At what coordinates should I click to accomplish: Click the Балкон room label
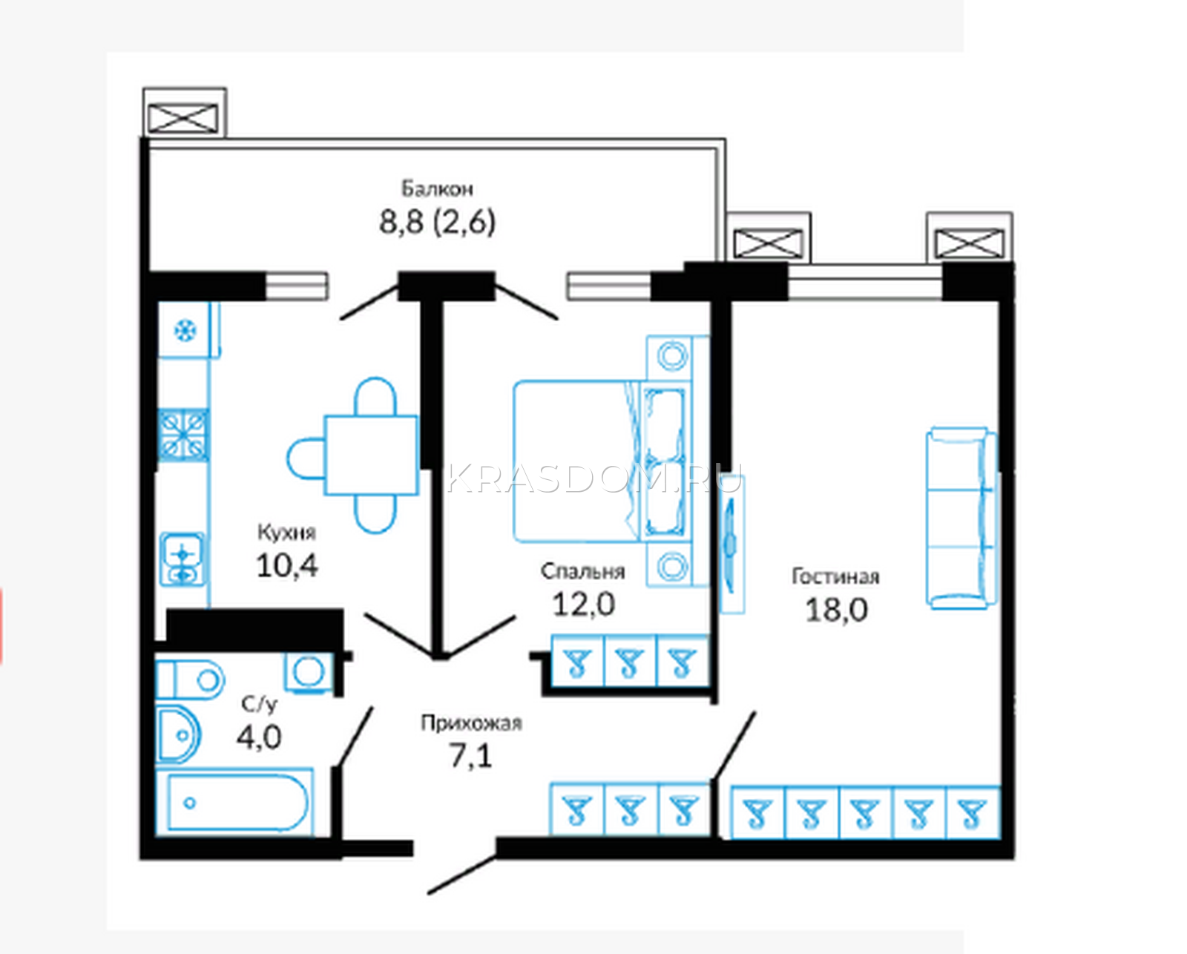click(x=437, y=189)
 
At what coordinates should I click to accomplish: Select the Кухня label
click(x=287, y=533)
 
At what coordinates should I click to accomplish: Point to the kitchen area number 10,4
click(x=287, y=565)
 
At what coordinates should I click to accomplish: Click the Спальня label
click(x=582, y=572)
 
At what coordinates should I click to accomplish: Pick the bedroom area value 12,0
click(x=584, y=604)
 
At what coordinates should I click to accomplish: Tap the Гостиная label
click(x=835, y=576)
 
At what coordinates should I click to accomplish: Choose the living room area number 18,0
click(x=837, y=610)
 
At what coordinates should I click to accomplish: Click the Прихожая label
click(x=472, y=723)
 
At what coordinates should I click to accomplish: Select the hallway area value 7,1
click(x=471, y=755)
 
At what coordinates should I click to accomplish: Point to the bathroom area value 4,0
click(x=259, y=737)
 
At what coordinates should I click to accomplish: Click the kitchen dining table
click(x=371, y=455)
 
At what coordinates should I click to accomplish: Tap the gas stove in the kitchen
click(x=183, y=435)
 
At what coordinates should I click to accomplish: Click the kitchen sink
click(x=183, y=559)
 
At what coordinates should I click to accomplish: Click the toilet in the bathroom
click(x=191, y=680)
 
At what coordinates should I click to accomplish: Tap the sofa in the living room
click(x=962, y=518)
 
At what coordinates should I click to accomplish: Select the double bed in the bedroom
click(x=602, y=461)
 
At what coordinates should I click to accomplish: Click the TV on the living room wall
click(x=732, y=544)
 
